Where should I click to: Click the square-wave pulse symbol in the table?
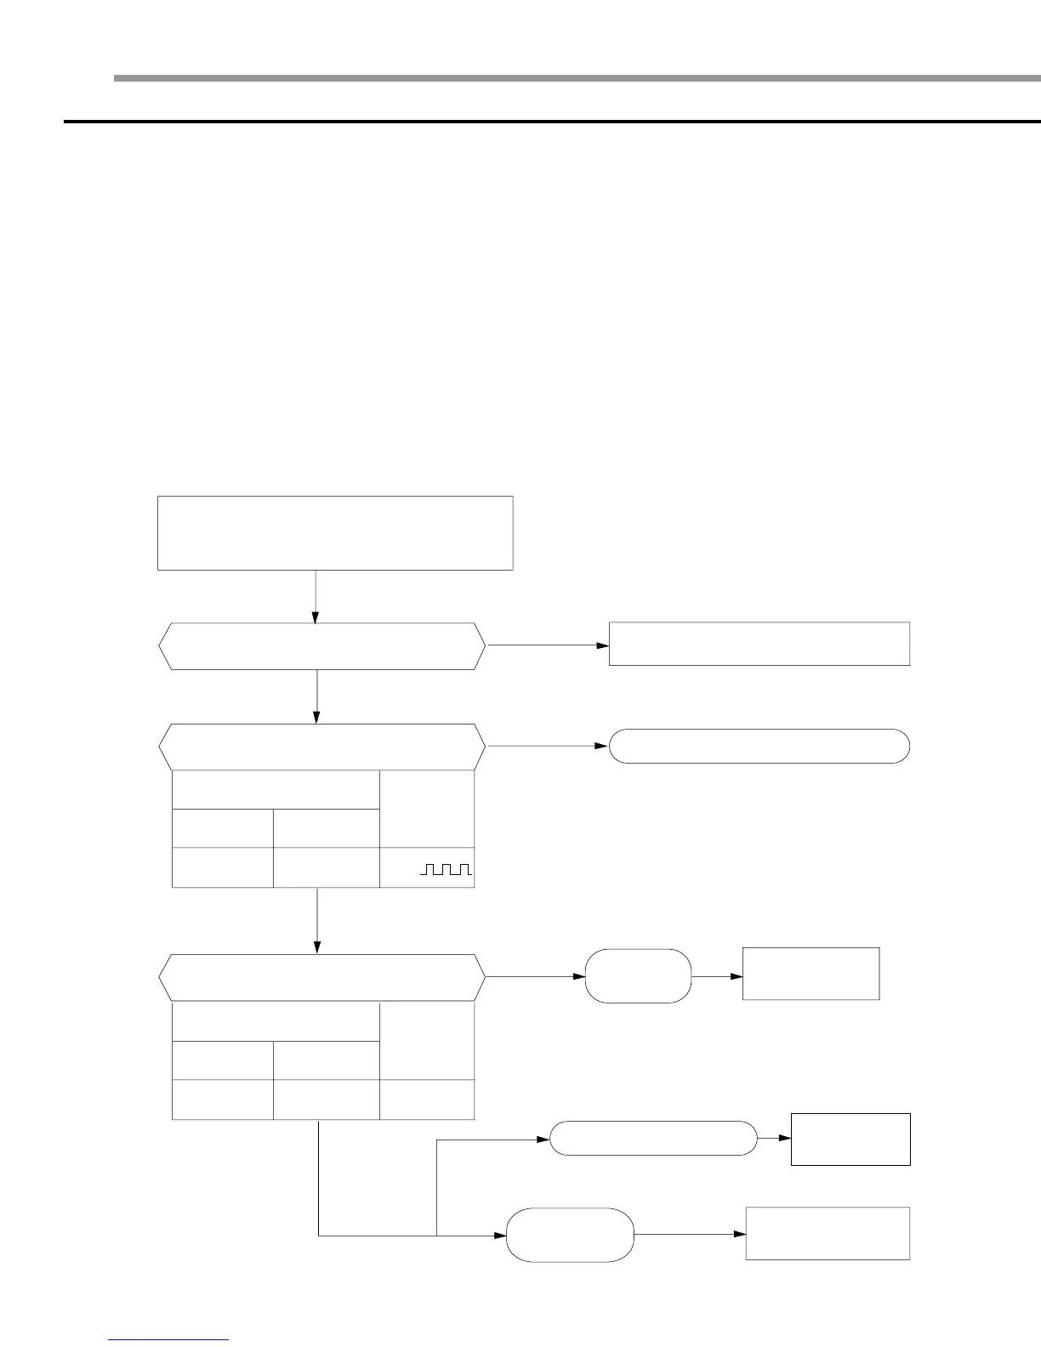point(446,868)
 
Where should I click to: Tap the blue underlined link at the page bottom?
point(168,1339)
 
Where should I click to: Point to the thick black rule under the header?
point(553,122)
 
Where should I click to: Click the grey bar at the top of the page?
point(578,78)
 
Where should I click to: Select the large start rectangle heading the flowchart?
point(335,532)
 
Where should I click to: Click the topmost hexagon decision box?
point(321,646)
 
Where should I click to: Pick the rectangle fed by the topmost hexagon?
point(759,644)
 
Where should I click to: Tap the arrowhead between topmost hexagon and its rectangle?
point(604,645)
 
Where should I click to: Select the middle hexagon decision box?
point(321,747)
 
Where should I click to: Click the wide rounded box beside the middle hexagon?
point(759,746)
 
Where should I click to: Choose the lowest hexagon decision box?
point(321,977)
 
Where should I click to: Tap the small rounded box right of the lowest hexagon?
point(638,976)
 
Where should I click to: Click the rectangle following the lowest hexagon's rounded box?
point(811,974)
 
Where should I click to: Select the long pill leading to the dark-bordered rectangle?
point(653,1138)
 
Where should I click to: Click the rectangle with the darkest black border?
point(850,1139)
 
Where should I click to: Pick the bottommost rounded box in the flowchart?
point(570,1234)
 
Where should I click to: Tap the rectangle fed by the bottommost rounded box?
point(828,1233)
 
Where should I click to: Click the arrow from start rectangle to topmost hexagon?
point(316,596)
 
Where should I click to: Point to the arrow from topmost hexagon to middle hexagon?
point(317,696)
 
